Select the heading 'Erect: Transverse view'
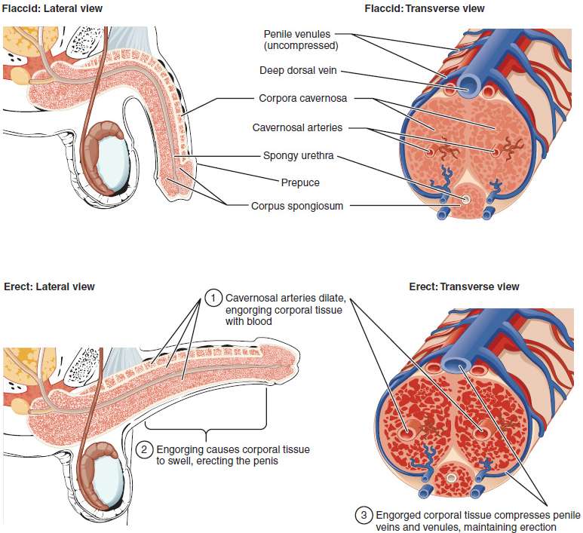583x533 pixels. (x=464, y=286)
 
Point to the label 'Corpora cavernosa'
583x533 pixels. (x=299, y=99)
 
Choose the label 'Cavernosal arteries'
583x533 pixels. (x=297, y=128)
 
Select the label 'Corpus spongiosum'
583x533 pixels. (x=297, y=205)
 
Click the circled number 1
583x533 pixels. (x=213, y=299)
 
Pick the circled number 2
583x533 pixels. (x=144, y=449)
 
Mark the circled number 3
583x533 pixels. (x=364, y=515)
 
